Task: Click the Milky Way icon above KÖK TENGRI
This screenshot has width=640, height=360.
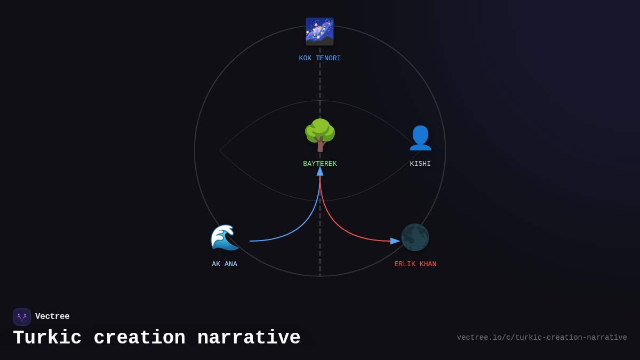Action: coord(319,31)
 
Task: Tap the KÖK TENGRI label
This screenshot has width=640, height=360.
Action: coord(319,58)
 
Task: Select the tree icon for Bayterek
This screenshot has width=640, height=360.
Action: coord(320,134)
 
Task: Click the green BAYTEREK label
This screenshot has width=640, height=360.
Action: coord(320,164)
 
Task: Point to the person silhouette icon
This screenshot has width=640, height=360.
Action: coord(420,138)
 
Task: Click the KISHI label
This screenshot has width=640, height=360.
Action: coord(420,164)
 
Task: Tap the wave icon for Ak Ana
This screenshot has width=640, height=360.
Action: coord(225,237)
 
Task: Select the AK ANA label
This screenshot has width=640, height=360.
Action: coord(225,264)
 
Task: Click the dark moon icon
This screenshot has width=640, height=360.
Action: coord(415,237)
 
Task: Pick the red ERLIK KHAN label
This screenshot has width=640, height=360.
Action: coord(415,264)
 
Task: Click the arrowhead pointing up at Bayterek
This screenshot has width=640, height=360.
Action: coord(320,171)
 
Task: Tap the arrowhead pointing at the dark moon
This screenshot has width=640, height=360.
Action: coord(395,241)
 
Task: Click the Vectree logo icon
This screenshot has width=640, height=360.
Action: coord(22,317)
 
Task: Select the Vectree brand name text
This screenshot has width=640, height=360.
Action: coord(52,317)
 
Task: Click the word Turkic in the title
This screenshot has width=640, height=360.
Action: coord(47,338)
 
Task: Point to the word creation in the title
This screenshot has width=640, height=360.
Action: coord(139,338)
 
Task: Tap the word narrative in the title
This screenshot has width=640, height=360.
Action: coord(249,338)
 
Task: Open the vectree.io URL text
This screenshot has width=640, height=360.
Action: coord(542,338)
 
